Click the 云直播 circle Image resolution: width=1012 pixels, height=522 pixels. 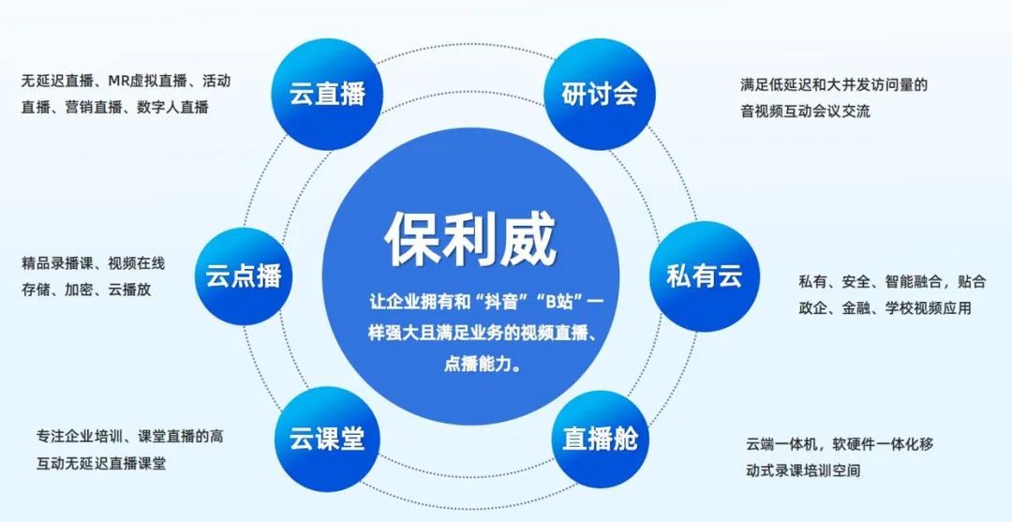coord(327,94)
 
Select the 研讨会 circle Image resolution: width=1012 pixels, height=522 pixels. coord(600,94)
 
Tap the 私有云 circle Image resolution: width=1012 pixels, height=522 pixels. coord(704,276)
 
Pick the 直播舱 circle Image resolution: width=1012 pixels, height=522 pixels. coord(600,439)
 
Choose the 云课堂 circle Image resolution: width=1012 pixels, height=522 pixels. coord(327,439)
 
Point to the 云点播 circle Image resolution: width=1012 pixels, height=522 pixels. coord(244,276)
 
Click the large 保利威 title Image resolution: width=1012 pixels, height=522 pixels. coord(470,241)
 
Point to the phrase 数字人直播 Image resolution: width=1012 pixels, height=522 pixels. coord(172,107)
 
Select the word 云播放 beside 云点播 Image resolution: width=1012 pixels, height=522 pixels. coord(129,289)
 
